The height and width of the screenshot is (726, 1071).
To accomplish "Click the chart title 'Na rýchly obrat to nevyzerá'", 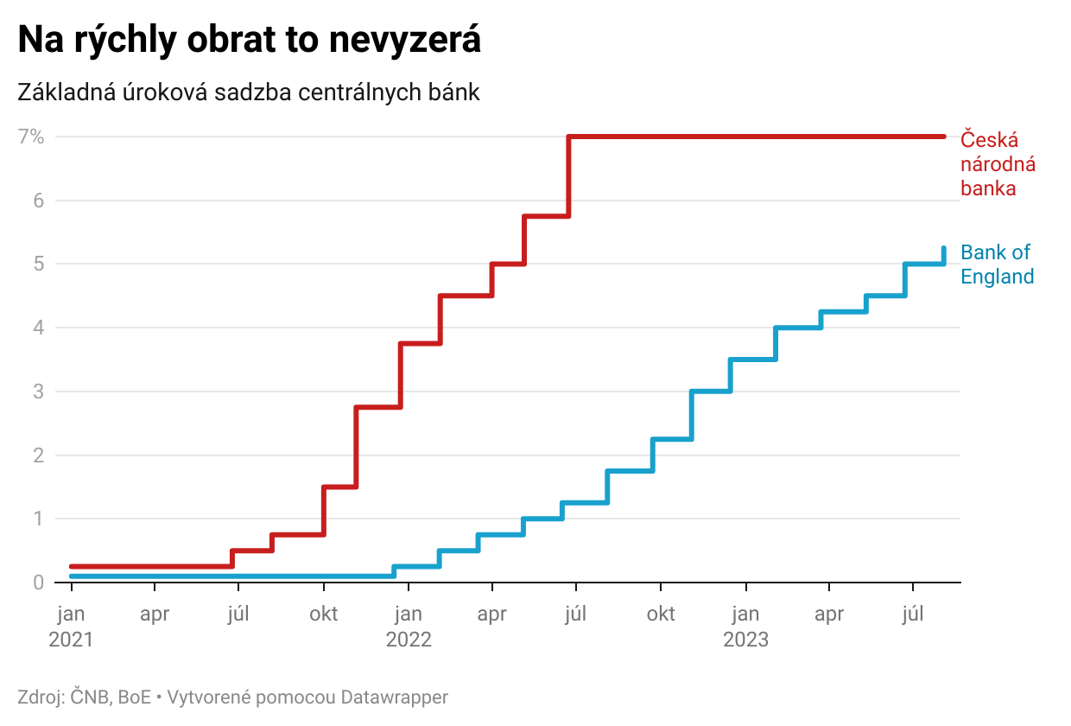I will pyautogui.click(x=250, y=41).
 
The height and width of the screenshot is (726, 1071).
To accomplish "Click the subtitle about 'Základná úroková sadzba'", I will pyautogui.click(x=249, y=92).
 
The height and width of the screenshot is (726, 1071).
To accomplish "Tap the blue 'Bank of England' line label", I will pyautogui.click(x=997, y=264).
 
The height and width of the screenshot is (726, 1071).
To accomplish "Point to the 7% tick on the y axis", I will pyautogui.click(x=43, y=137).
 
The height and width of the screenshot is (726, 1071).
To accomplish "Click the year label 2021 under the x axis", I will pyautogui.click(x=71, y=640).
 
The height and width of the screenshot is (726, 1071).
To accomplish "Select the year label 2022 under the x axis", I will pyautogui.click(x=409, y=640).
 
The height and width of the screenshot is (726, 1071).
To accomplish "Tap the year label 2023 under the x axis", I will pyautogui.click(x=745, y=640).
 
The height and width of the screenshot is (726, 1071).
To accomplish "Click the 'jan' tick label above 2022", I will pyautogui.click(x=409, y=615).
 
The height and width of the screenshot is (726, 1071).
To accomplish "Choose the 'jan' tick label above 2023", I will pyautogui.click(x=745, y=615).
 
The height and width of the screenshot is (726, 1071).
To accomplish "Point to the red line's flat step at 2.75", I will pyautogui.click(x=378, y=407).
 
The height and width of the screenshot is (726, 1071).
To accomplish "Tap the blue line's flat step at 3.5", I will pyautogui.click(x=753, y=359).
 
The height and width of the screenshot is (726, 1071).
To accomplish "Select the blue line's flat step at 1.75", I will pyautogui.click(x=630, y=471).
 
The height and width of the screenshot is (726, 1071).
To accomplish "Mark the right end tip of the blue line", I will pyautogui.click(x=944, y=249).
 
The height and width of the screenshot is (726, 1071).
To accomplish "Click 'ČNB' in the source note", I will pyautogui.click(x=89, y=697).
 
